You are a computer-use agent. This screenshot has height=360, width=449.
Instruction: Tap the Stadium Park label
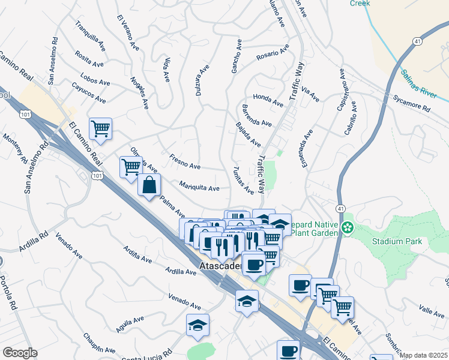coord(397,241)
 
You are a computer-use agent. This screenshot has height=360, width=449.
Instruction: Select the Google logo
coord(20,353)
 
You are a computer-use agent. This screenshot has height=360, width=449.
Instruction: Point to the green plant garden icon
coord(348,227)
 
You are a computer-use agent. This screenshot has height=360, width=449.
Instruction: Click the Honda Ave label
coord(268,100)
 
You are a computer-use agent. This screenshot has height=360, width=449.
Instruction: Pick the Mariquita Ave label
coord(200,187)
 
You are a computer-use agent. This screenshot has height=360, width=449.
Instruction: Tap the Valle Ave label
coord(432,310)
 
